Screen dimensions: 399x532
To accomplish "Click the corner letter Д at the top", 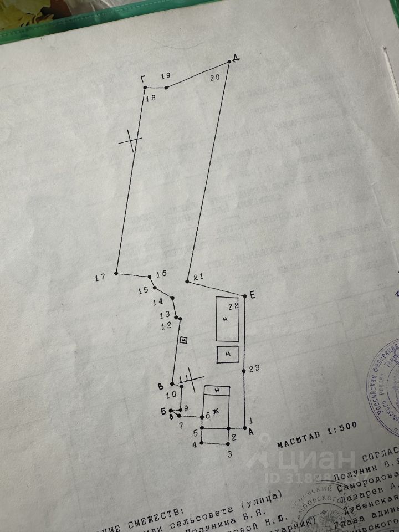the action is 236,59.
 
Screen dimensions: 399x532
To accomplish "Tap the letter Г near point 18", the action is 143,79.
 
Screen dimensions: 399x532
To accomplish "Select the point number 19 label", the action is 165,76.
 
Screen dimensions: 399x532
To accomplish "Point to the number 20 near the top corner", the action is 215,78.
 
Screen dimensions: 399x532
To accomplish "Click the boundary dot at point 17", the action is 116,273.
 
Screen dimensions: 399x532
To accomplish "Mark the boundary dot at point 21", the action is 187,282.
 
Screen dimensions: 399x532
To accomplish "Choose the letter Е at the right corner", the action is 252,295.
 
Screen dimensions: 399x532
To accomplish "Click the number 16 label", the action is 161,274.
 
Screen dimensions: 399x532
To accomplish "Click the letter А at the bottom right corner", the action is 252,432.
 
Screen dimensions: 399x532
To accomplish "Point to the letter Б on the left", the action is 163,410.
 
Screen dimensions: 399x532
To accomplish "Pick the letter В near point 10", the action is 161,386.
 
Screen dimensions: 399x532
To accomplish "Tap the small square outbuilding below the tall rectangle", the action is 227,354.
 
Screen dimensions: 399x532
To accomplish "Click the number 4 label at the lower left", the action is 195,444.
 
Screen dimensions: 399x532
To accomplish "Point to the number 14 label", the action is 158,302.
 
